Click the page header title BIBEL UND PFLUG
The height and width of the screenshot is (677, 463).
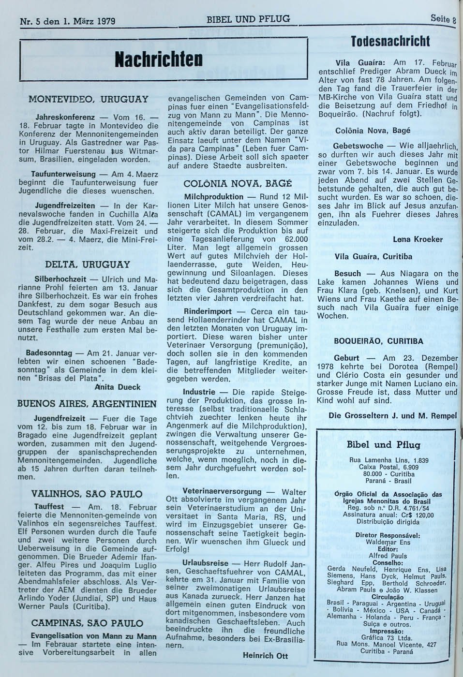coord(248,19)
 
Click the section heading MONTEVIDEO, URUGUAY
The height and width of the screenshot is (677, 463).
coord(88,100)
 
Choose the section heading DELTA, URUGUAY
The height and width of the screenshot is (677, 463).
coord(88,265)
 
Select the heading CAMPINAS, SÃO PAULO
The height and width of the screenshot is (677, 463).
coord(87,623)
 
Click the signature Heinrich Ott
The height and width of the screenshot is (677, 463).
coord(265,656)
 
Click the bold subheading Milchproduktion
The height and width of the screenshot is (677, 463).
coord(214,197)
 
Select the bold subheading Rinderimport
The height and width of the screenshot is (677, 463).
coord(207,311)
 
